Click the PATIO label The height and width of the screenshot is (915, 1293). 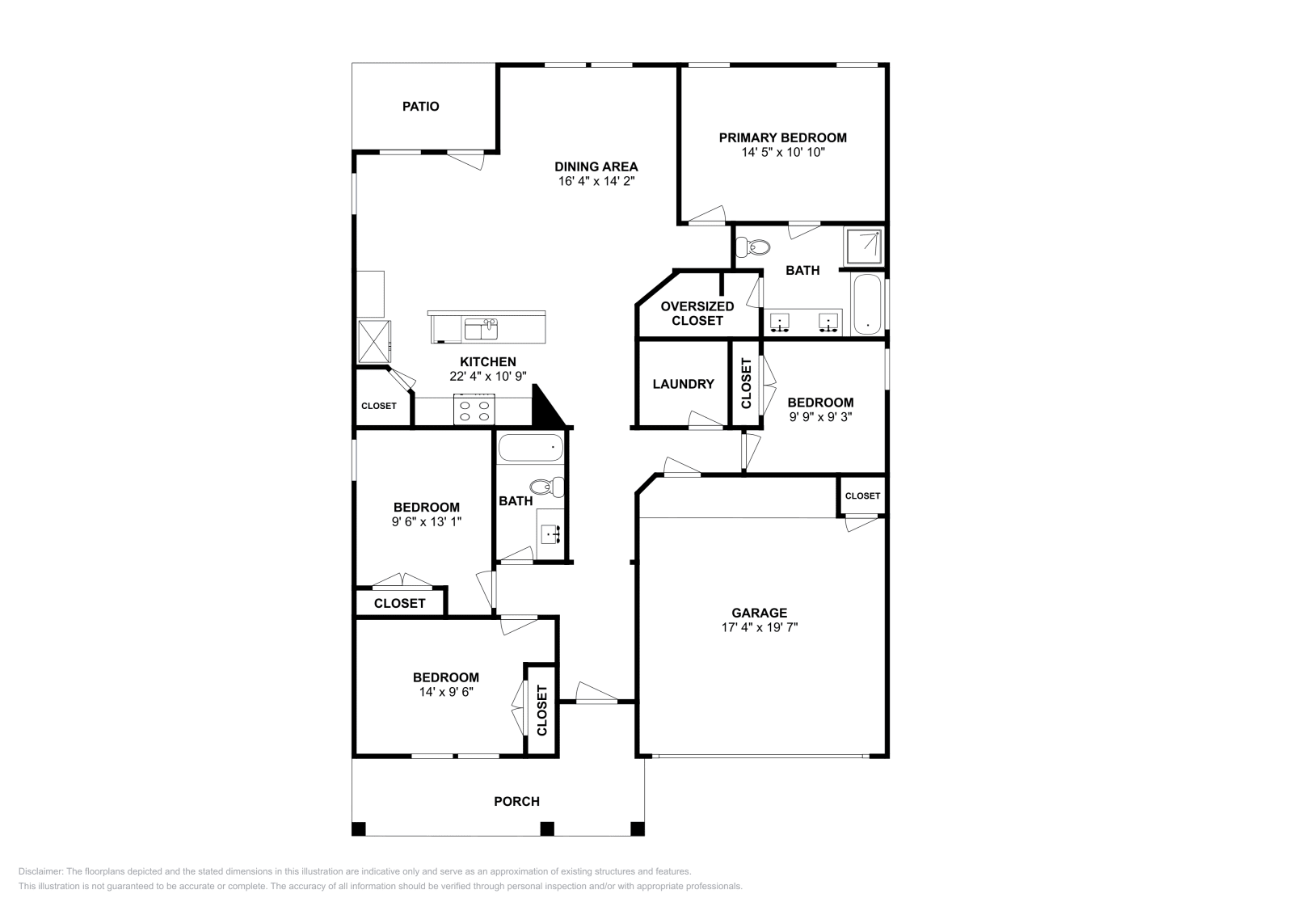(421, 107)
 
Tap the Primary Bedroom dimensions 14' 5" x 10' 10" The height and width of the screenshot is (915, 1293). (782, 152)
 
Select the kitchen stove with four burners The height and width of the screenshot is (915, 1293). (474, 409)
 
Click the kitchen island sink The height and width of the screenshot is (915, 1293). (481, 329)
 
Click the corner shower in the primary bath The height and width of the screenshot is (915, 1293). (864, 247)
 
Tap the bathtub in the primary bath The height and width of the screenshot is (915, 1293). (868, 305)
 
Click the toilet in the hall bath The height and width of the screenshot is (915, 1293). (548, 487)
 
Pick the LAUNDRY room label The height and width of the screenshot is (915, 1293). (683, 384)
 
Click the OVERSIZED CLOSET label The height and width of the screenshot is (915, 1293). (697, 314)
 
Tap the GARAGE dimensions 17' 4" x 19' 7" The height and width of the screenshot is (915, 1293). (760, 627)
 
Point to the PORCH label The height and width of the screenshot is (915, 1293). (516, 802)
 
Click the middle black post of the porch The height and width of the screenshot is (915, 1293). (547, 829)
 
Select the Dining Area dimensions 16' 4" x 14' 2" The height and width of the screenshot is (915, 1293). (596, 181)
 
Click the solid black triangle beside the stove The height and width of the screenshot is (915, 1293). (546, 409)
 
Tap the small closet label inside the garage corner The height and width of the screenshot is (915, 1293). (862, 496)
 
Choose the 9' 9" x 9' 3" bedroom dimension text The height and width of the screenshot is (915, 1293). (820, 417)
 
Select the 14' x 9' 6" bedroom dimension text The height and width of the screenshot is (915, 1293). (445, 692)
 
